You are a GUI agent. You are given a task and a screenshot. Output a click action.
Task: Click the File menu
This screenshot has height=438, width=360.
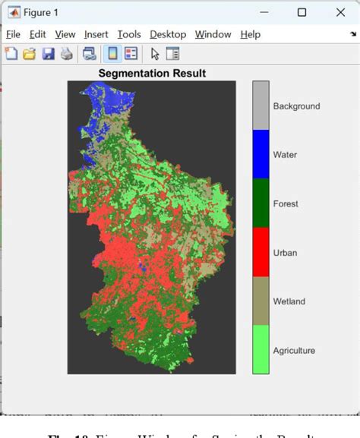pyautogui.click(x=13, y=34)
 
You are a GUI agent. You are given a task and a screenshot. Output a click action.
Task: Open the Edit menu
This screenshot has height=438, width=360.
pyautogui.click(x=38, y=34)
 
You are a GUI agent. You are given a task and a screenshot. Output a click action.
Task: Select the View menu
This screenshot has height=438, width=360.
pyautogui.click(x=65, y=34)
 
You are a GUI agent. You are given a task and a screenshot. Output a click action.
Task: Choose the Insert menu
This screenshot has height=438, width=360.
pyautogui.click(x=96, y=34)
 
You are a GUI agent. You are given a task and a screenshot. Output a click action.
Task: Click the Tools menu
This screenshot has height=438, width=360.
pyautogui.click(x=129, y=34)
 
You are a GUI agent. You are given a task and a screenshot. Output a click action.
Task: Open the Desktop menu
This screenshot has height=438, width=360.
pyautogui.click(x=168, y=34)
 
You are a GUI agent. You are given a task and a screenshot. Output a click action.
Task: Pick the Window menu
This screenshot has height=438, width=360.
pyautogui.click(x=213, y=34)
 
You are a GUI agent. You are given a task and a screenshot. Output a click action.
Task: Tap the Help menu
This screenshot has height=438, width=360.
pyautogui.click(x=250, y=34)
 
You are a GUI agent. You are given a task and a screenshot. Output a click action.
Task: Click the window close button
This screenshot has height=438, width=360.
pyautogui.click(x=338, y=11)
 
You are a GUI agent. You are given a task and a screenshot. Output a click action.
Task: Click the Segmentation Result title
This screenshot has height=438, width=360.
pyautogui.click(x=152, y=74)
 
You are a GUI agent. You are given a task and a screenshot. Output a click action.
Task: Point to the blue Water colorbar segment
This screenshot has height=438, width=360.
pyautogui.click(x=261, y=154)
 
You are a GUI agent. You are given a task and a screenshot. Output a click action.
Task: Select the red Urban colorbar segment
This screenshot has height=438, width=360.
pyautogui.click(x=261, y=251)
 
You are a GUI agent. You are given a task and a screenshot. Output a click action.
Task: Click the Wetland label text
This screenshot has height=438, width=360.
pyautogui.click(x=289, y=301)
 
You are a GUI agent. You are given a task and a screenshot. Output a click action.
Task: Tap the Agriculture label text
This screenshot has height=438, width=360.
pyautogui.click(x=294, y=351)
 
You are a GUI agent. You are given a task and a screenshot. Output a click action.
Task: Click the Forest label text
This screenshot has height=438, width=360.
pyautogui.click(x=286, y=203)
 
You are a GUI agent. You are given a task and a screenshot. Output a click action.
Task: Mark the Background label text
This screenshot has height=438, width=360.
pyautogui.click(x=296, y=106)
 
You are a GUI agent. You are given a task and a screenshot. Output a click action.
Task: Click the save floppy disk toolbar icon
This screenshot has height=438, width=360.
pyautogui.click(x=49, y=53)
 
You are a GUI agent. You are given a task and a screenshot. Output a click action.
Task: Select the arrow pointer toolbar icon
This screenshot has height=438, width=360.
pyautogui.click(x=155, y=53)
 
